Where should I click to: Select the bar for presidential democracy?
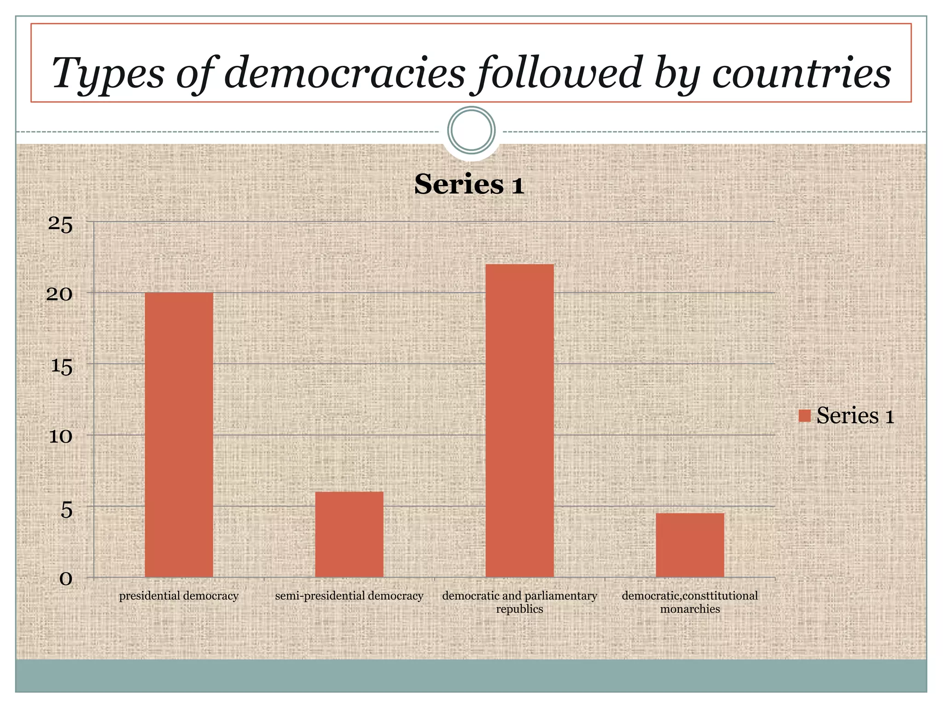179,434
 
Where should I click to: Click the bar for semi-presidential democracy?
349,534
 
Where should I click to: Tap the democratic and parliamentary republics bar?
519,420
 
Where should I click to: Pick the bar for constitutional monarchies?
690,545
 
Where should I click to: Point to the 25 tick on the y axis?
60,225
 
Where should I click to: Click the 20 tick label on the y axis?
59,294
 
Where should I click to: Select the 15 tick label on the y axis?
62,367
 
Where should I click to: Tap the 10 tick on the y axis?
61,436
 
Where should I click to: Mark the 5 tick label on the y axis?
66,509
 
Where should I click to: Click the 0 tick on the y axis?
66,579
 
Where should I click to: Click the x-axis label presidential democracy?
179,596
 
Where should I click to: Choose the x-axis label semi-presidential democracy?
349,596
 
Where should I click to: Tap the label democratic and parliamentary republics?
519,602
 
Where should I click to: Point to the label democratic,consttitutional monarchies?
690,602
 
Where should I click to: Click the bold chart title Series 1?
469,184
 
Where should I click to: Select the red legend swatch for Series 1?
804,416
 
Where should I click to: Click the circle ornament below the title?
471,130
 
